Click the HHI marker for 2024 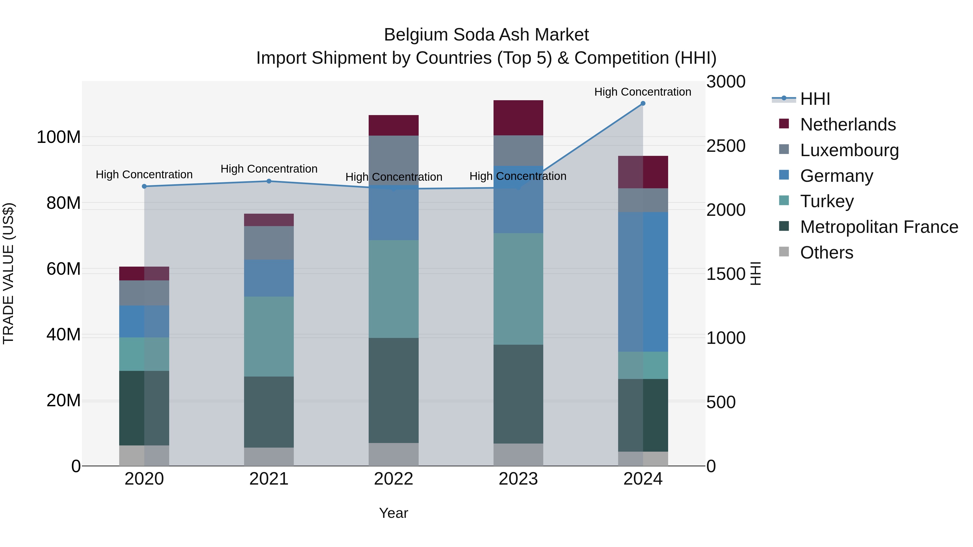(643, 103)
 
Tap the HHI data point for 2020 (144, 186)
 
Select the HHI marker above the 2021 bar (269, 181)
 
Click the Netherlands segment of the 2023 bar (518, 118)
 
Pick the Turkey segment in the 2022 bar (394, 289)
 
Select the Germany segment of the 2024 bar (643, 282)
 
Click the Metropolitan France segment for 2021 (269, 412)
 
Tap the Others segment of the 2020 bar (144, 456)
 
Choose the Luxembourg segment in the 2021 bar (269, 243)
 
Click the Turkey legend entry (827, 201)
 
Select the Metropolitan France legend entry (879, 227)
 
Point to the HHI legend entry (815, 99)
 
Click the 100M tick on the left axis (59, 137)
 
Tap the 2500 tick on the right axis (726, 146)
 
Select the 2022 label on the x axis (394, 479)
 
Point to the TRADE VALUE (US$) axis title (8, 273)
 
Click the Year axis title (394, 513)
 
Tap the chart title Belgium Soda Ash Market (486, 35)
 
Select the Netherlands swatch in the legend (784, 124)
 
